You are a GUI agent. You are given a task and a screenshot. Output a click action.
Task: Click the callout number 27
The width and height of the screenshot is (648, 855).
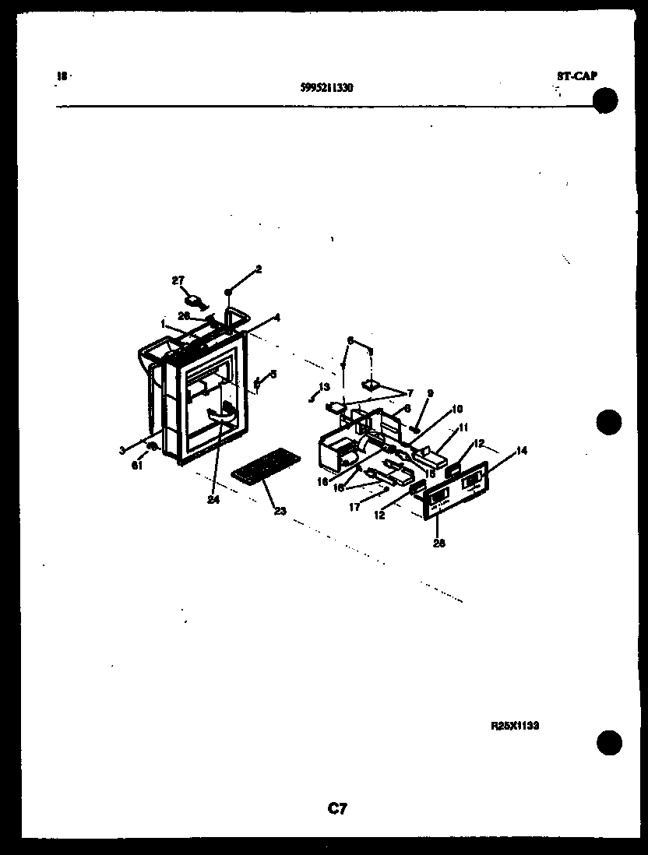pyautogui.click(x=178, y=280)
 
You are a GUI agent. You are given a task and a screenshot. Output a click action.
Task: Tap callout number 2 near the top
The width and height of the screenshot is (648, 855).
pyautogui.click(x=259, y=269)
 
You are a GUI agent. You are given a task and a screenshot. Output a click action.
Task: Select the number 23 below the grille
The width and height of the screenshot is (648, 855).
pyautogui.click(x=280, y=511)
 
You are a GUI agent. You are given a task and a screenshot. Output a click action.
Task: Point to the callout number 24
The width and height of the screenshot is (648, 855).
pyautogui.click(x=213, y=500)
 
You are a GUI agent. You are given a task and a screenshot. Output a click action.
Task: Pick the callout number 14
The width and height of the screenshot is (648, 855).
pyautogui.click(x=521, y=450)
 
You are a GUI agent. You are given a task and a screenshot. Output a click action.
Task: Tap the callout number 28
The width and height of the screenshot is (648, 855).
pyautogui.click(x=439, y=544)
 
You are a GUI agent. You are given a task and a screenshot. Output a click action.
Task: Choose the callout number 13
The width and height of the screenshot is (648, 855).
pyautogui.click(x=324, y=386)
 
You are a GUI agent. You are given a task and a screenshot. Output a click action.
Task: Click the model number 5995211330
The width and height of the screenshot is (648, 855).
pyautogui.click(x=326, y=88)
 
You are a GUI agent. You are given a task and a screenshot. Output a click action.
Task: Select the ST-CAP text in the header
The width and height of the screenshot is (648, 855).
pyautogui.click(x=577, y=76)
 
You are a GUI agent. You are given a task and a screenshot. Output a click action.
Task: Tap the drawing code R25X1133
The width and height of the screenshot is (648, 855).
pyautogui.click(x=515, y=725)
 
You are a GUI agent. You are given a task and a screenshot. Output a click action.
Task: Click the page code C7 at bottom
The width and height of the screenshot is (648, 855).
pyautogui.click(x=336, y=809)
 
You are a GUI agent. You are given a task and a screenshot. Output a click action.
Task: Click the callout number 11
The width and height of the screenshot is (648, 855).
pyautogui.click(x=463, y=427)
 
